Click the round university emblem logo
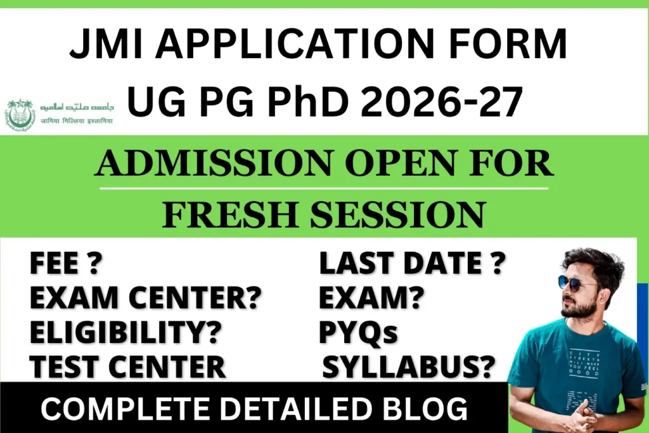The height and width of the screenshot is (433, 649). pyautogui.click(x=20, y=115)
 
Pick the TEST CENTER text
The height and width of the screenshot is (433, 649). pyautogui.click(x=127, y=366)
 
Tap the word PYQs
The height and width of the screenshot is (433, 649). pyautogui.click(x=358, y=332)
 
